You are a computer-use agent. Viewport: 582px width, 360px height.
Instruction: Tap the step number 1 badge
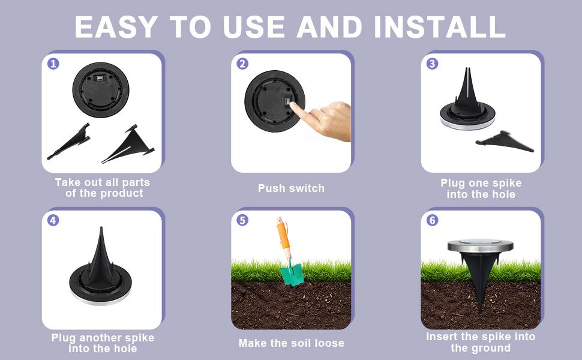point(53,63)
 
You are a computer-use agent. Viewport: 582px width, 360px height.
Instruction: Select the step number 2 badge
point(242,64)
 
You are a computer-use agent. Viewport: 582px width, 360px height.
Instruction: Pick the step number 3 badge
point(432,64)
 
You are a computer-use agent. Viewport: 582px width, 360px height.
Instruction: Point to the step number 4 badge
point(53,220)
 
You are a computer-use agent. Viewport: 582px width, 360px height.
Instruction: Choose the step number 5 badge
point(242,220)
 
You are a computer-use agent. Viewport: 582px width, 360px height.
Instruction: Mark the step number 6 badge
point(432,220)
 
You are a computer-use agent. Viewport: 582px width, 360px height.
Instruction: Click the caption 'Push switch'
point(291,188)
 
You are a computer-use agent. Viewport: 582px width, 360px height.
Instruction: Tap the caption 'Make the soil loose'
point(291,343)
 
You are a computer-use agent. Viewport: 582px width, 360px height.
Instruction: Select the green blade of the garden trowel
point(292,274)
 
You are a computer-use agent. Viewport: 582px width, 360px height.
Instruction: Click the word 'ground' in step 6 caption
point(490,348)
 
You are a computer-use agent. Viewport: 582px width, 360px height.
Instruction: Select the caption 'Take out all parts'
point(102,182)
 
